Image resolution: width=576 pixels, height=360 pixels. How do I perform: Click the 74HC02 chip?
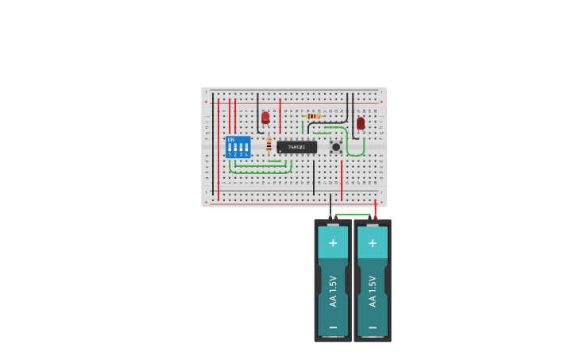click(x=296, y=147)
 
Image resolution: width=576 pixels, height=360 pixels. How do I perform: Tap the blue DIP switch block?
click(x=238, y=148)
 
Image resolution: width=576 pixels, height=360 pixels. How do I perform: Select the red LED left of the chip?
click(x=265, y=118)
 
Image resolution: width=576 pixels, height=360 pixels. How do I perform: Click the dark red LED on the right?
click(x=361, y=123)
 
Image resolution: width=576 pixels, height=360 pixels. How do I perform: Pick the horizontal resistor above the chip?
click(x=313, y=116)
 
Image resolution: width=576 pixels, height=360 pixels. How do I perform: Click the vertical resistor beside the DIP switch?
click(x=269, y=145)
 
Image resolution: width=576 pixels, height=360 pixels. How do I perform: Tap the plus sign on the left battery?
click(x=333, y=242)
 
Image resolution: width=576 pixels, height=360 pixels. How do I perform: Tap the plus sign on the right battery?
click(x=372, y=242)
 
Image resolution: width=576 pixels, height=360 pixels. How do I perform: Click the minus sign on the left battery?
click(x=333, y=327)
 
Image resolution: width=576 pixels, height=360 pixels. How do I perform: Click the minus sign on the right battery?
click(x=372, y=327)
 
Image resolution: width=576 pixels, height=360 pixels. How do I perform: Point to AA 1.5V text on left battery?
click(x=333, y=291)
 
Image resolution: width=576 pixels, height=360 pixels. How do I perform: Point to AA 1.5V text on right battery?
click(x=372, y=291)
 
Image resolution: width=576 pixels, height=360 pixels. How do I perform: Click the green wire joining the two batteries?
click(x=353, y=214)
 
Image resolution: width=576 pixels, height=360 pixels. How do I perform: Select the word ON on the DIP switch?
click(x=231, y=140)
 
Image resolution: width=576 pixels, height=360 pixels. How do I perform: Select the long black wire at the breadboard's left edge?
click(x=212, y=143)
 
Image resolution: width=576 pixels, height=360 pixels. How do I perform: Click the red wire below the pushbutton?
click(x=342, y=180)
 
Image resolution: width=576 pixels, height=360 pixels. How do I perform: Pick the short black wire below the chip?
click(x=314, y=176)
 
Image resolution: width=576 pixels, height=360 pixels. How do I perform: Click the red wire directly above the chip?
click(x=280, y=115)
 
